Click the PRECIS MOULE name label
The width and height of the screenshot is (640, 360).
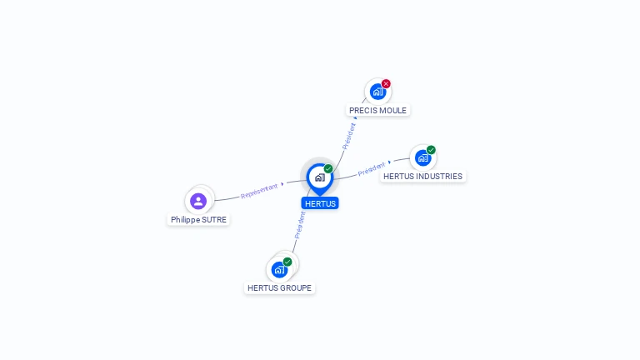(377, 110)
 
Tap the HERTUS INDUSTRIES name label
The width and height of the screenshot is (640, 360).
(422, 177)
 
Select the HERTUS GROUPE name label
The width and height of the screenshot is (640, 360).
(280, 288)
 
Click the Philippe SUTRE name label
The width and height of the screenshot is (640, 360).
(198, 220)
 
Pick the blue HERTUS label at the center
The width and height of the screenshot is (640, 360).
(320, 203)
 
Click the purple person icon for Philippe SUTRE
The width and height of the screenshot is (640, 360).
(198, 201)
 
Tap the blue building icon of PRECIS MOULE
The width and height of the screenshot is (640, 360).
(377, 92)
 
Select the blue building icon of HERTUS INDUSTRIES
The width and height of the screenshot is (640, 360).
(422, 157)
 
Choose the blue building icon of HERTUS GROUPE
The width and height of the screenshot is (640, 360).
(279, 270)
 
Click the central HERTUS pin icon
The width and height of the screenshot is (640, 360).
(319, 177)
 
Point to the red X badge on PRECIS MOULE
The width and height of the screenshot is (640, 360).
(386, 83)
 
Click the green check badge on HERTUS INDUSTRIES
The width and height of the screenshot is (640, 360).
(431, 150)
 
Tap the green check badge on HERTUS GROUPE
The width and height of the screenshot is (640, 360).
(287, 262)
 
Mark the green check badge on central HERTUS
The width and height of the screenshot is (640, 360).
(328, 169)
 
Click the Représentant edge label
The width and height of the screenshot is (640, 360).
(259, 191)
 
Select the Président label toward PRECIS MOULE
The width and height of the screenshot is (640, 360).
(349, 136)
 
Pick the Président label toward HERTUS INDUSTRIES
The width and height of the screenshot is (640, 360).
(372, 169)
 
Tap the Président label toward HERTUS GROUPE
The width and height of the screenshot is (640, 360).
(299, 225)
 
